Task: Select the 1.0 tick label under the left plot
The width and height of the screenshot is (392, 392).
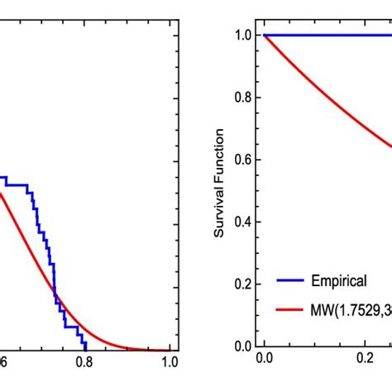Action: [x=170, y=362]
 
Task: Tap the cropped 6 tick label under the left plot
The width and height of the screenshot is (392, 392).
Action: [x=4, y=362]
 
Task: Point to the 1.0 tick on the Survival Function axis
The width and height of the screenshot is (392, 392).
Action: [x=243, y=36]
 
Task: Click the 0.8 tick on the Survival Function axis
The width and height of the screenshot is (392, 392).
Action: [x=243, y=98]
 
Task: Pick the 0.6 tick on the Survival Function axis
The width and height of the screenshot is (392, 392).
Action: [x=243, y=160]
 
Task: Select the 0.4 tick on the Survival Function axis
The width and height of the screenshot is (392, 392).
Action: [x=243, y=222]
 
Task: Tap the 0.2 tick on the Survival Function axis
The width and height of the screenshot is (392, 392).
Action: [x=243, y=284]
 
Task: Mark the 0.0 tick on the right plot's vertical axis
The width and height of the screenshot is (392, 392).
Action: [x=243, y=346]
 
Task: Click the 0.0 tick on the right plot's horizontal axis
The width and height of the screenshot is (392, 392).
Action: [x=264, y=362]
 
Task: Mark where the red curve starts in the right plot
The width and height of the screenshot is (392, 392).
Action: [x=264, y=36]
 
